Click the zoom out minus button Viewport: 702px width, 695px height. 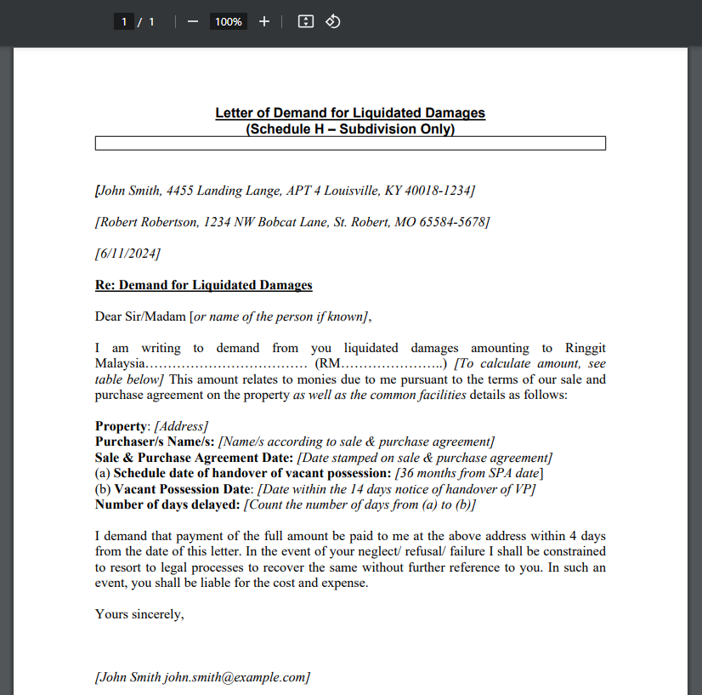pos(193,21)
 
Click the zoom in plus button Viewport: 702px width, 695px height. pos(264,21)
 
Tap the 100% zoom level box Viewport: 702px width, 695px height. pos(228,21)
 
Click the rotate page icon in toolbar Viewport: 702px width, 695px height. pos(333,21)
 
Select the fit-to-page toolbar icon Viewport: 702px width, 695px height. pos(306,21)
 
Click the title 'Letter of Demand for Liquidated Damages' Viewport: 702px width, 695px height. pos(350,113)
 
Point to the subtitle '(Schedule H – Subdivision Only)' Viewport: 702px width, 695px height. pos(350,129)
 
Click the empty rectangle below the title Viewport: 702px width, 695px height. pos(350,144)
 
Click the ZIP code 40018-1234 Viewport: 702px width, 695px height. pos(438,191)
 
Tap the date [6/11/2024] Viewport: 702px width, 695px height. pos(127,254)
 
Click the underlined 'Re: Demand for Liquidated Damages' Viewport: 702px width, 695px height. pos(204,285)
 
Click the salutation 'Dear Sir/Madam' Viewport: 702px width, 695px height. pos(140,316)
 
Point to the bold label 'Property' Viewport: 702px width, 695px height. pos(122,426)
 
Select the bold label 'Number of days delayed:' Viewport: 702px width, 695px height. pos(167,504)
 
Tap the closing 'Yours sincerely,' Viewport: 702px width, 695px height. pos(139,613)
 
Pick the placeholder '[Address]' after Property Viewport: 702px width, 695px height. pos(181,426)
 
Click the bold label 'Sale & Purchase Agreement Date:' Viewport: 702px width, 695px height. pos(195,458)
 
